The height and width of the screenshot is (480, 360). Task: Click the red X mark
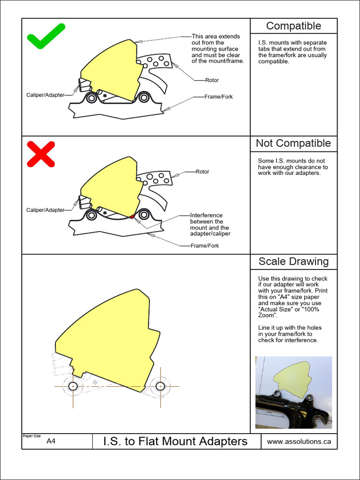pos(41,154)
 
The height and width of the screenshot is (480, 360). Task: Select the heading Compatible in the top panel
pos(293,26)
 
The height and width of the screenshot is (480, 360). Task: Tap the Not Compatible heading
pos(293,143)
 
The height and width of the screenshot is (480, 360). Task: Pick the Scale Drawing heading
pos(293,262)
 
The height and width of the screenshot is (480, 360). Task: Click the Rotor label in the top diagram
pos(212,80)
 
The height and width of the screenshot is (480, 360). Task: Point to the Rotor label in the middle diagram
pos(202,172)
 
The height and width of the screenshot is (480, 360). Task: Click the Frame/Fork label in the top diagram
pos(218,97)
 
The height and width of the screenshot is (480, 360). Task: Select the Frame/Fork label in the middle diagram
pos(205,246)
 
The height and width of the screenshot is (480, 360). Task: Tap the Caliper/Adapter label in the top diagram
pos(45,95)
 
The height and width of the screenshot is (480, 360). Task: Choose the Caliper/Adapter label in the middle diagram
pos(45,210)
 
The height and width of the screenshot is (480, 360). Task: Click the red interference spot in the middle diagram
pos(133,216)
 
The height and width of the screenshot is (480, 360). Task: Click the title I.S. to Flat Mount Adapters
pos(175,441)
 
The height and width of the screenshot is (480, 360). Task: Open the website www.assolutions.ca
pos(299,441)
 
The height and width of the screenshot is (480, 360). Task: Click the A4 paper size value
pos(51,441)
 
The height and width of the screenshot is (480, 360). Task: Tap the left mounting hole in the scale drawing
pos(73,386)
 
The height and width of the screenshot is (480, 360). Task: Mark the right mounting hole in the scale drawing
pos(160,386)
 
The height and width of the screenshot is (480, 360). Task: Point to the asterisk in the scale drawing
pos(95,383)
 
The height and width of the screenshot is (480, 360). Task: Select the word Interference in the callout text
pos(206,215)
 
